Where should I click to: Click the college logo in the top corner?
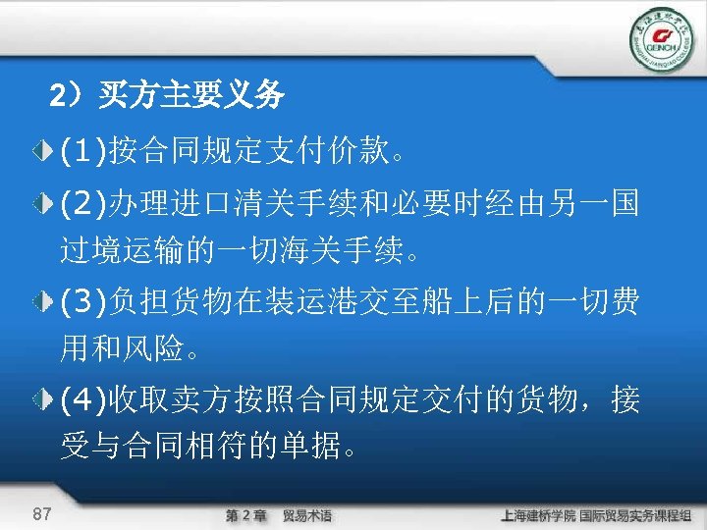pyautogui.click(x=661, y=38)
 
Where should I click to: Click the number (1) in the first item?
pyautogui.click(x=83, y=152)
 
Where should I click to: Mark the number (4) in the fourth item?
pyautogui.click(x=83, y=399)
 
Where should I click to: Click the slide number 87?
pyautogui.click(x=42, y=513)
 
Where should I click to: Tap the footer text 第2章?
pyautogui.click(x=245, y=515)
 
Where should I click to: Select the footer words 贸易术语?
pyautogui.click(x=307, y=515)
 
